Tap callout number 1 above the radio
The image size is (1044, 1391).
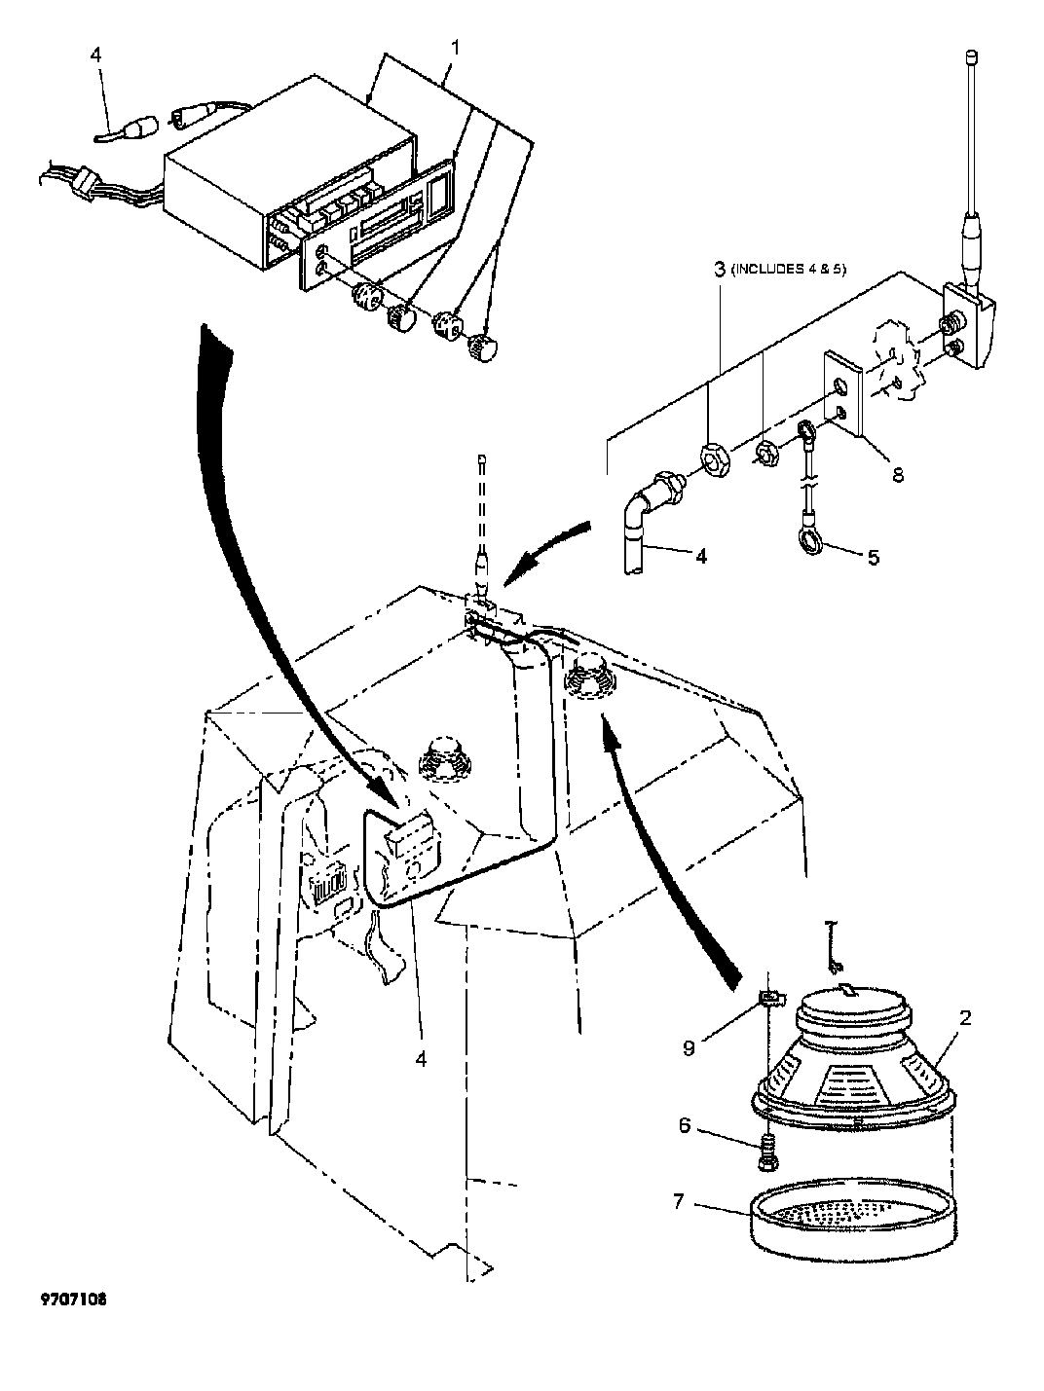(x=455, y=48)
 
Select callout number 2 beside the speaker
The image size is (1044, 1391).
(x=965, y=1018)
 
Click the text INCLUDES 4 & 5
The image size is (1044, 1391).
(x=789, y=270)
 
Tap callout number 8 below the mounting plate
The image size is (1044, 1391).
(x=898, y=474)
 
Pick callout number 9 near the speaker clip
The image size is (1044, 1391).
(x=689, y=1048)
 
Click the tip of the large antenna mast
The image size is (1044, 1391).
(x=970, y=57)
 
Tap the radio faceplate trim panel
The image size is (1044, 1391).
(x=378, y=226)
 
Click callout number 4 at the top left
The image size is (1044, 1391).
(x=95, y=55)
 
